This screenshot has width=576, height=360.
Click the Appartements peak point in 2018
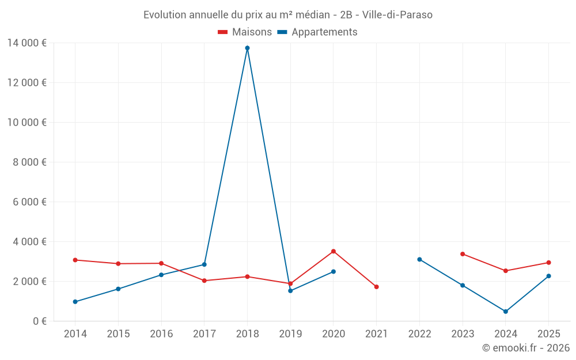[x=247, y=48]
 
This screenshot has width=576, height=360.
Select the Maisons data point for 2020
[x=334, y=251]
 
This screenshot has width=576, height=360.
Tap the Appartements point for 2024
[x=506, y=312]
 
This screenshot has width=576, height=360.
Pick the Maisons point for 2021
[x=376, y=287]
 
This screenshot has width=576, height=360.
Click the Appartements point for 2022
[x=419, y=259]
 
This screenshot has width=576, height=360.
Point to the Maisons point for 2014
[x=75, y=260]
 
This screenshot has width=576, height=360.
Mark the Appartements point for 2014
[x=75, y=302]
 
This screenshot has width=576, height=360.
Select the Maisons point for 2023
[x=463, y=254]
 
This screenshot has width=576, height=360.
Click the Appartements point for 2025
[x=548, y=276]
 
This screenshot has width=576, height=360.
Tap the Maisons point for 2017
[x=204, y=281]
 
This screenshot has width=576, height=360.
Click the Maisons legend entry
[x=245, y=32]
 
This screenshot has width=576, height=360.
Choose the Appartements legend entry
[x=317, y=32]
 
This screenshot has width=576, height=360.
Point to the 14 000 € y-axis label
[x=26, y=43]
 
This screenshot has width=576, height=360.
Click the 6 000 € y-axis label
[x=29, y=202]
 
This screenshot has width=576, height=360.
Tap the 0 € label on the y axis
[x=39, y=321]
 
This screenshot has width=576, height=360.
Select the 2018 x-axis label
[x=247, y=334]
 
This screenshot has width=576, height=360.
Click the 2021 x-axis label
[x=376, y=334]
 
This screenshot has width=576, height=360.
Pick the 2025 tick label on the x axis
[x=548, y=334]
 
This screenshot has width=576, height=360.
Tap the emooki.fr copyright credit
[x=526, y=348]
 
